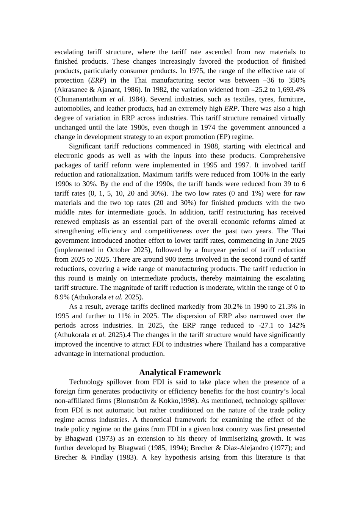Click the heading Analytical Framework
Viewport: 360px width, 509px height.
click(x=180, y=372)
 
